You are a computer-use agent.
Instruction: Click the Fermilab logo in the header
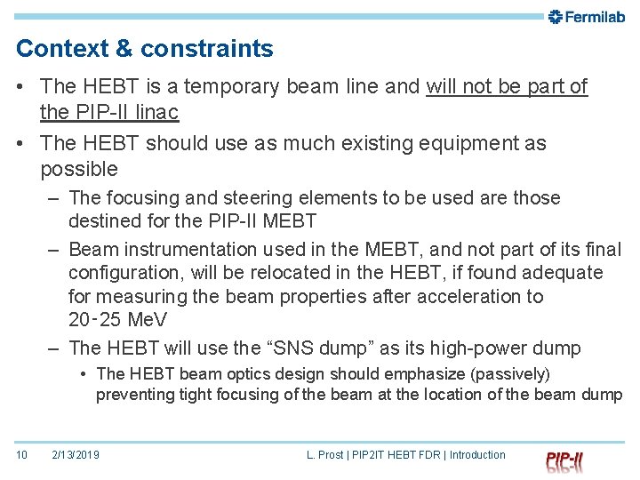(587, 17)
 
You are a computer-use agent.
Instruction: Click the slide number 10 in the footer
(21, 455)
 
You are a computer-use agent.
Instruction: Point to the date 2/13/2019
(76, 455)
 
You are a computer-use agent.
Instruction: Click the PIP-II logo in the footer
(564, 461)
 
